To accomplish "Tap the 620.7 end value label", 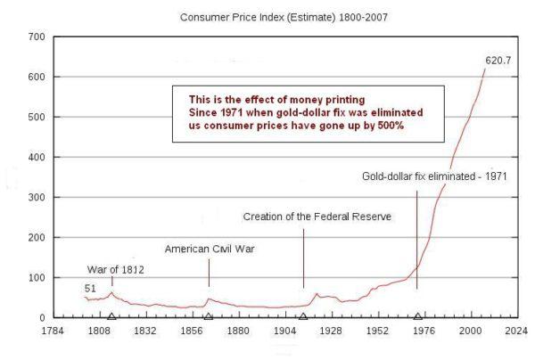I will pyautogui.click(x=499, y=61).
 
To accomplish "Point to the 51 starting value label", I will pyautogui.click(x=90, y=288).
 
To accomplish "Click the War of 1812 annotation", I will pyautogui.click(x=116, y=269).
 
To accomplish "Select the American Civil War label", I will pyautogui.click(x=210, y=249).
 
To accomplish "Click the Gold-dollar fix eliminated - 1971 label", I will pyautogui.click(x=434, y=176).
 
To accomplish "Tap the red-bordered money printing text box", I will pyautogui.click(x=309, y=113).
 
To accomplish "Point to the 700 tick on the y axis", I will pyautogui.click(x=37, y=37).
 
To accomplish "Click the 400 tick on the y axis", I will pyautogui.click(x=37, y=157).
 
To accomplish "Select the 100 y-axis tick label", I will pyautogui.click(x=37, y=277).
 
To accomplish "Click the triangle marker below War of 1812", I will pyautogui.click(x=111, y=315).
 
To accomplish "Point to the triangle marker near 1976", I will pyautogui.click(x=417, y=315).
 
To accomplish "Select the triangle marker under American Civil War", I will pyautogui.click(x=209, y=315).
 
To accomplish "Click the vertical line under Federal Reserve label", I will pyautogui.click(x=303, y=258).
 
